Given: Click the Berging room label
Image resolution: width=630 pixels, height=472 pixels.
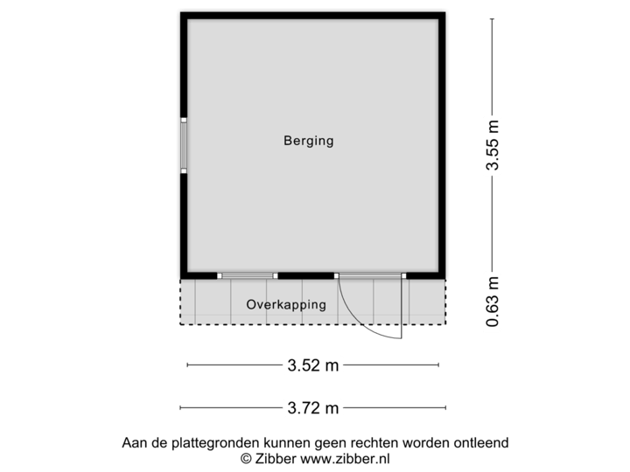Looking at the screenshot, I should tap(308, 140).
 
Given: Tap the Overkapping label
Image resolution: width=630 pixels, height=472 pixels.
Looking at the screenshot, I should tap(286, 305).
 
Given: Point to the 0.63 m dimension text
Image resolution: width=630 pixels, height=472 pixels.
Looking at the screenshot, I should tap(493, 302).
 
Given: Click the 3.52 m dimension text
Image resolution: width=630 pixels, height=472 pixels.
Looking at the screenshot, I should tap(313, 366).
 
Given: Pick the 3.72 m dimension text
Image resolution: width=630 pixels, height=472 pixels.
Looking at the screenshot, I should tap(313, 407).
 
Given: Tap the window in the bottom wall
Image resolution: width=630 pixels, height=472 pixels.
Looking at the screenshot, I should tap(248, 275).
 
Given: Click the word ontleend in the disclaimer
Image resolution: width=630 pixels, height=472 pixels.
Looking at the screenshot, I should tap(480, 443).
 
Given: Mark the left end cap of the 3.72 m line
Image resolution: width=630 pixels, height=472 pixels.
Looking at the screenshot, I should tap(180, 407).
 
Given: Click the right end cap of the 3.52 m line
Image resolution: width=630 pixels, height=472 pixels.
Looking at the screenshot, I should tap(440, 366).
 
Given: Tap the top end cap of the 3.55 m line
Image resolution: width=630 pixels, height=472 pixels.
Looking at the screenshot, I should tap(493, 20).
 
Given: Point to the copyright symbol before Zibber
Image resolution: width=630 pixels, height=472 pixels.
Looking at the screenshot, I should tap(245, 457).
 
